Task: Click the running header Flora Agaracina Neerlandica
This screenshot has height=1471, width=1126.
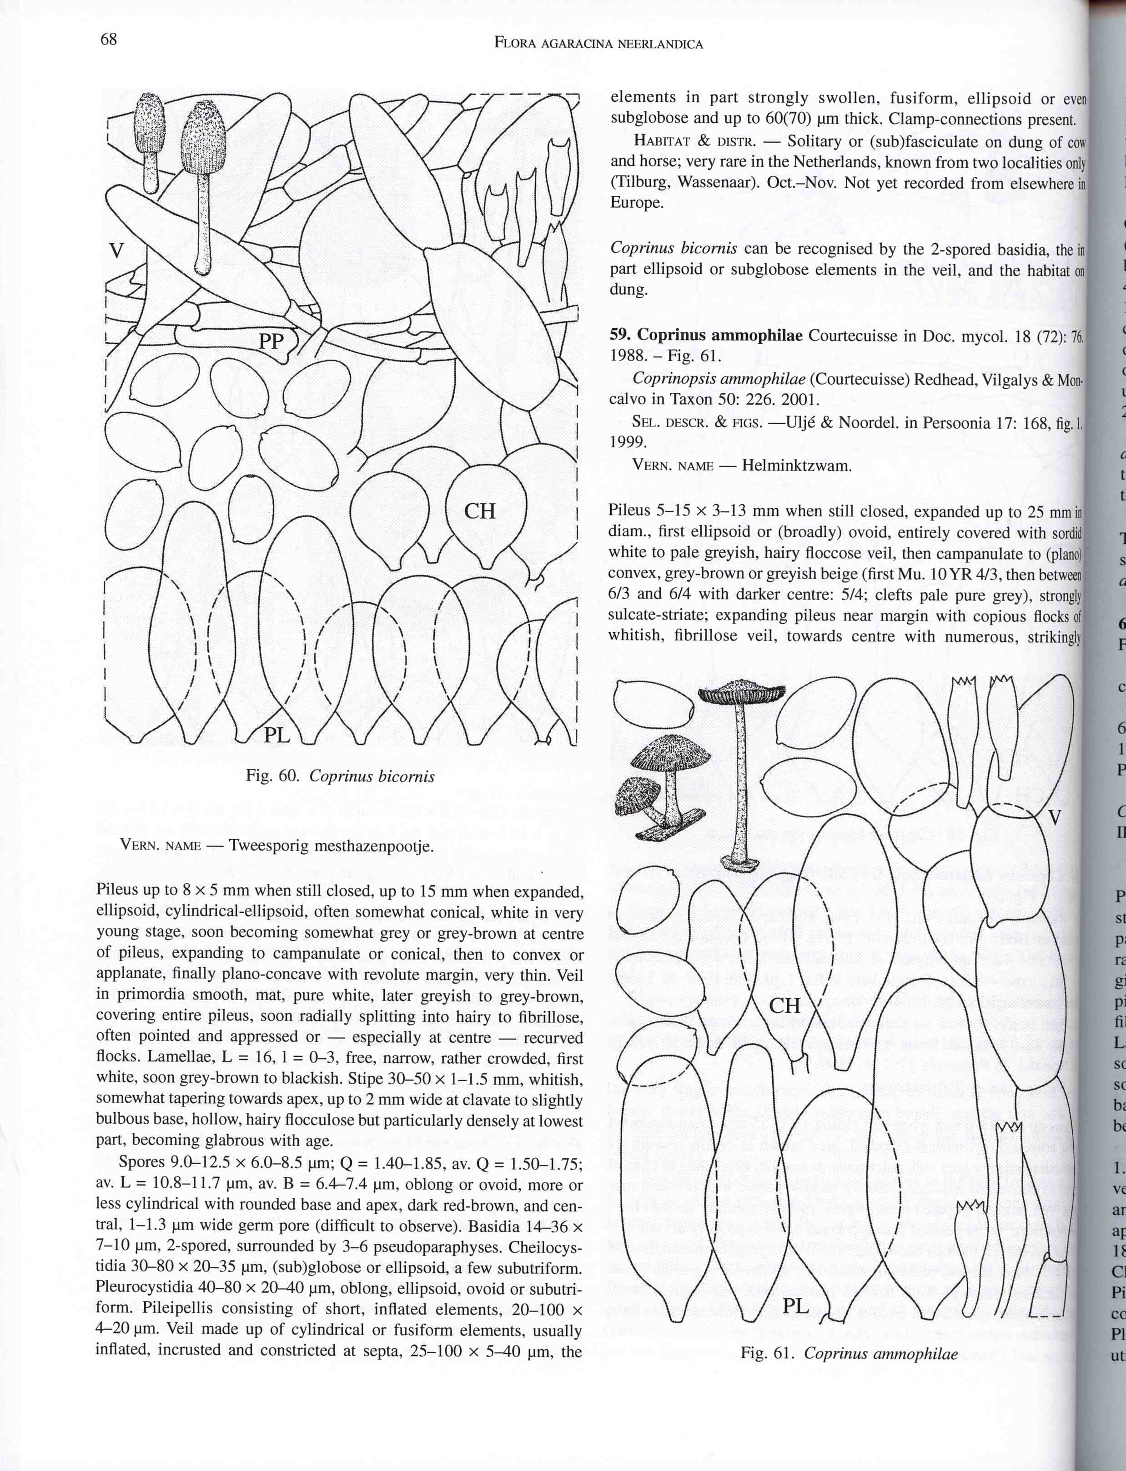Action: click(x=598, y=44)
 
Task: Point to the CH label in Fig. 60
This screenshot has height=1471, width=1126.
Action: click(x=480, y=511)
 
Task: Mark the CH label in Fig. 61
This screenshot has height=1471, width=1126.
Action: click(x=785, y=1006)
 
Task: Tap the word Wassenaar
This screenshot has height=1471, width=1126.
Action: click(x=718, y=183)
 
